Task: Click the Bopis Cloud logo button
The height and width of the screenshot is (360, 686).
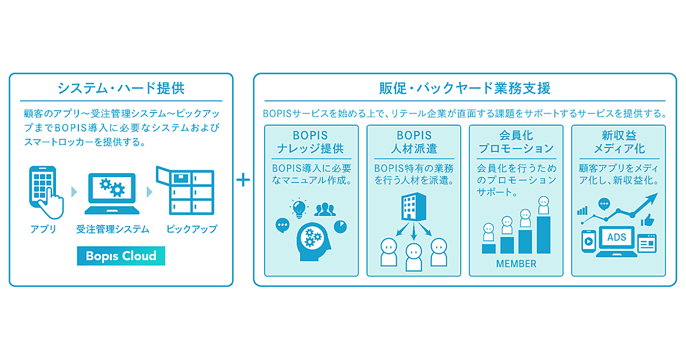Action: pos(121,255)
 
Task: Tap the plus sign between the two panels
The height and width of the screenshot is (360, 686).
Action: pos(244,180)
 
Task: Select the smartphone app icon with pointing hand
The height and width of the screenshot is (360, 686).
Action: pos(43,189)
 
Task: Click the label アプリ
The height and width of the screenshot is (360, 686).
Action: pos(43,229)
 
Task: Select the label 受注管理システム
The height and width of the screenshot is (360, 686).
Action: pos(113,229)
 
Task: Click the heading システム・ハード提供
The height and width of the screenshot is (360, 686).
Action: pos(121,89)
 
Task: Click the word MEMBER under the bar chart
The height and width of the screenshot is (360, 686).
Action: pos(516,263)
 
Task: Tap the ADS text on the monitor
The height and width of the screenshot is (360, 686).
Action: pos(617,237)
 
